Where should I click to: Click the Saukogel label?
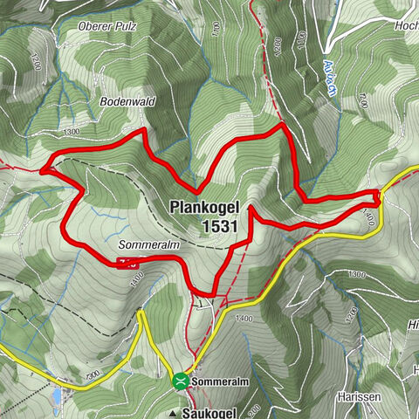(213, 411)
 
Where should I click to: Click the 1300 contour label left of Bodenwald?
(72, 131)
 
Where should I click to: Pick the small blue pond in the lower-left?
(57, 397)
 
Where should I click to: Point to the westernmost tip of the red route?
(41, 169)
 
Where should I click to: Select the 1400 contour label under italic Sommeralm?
(136, 280)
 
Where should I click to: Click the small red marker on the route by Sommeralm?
(127, 263)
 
